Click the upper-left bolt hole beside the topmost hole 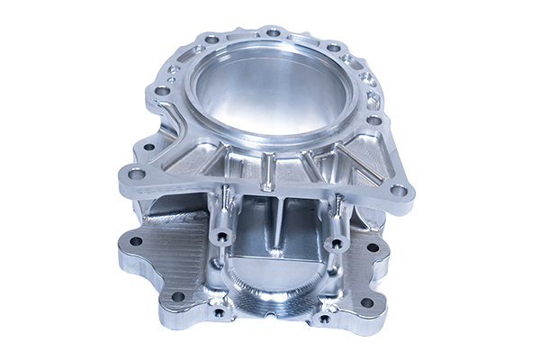(211, 40)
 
